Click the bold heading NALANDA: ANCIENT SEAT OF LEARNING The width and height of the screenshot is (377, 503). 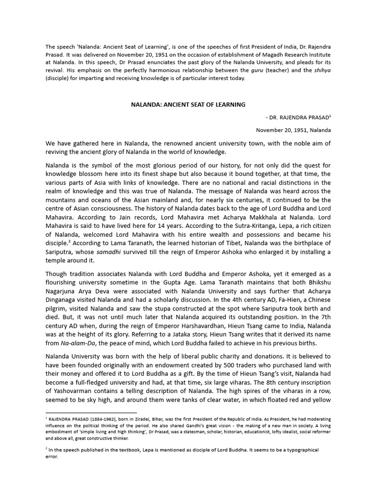[x=188, y=105]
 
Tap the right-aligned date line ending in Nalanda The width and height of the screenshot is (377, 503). [x=294, y=130]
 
